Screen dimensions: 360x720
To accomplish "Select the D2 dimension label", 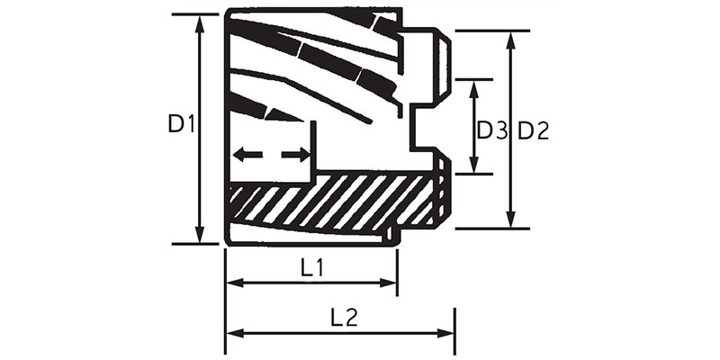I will coord(533,130).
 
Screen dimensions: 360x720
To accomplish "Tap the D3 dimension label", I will coord(491,130).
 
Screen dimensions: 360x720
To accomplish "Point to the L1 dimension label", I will coord(312,267).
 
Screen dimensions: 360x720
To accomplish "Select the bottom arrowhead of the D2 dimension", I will coord(511,220).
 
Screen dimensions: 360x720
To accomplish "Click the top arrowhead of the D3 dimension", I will coord(476,85).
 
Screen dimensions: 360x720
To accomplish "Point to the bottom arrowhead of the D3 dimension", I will coord(476,166).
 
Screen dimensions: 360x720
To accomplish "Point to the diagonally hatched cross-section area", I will coord(333,202).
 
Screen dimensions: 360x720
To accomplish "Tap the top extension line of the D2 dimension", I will coord(491,31).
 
